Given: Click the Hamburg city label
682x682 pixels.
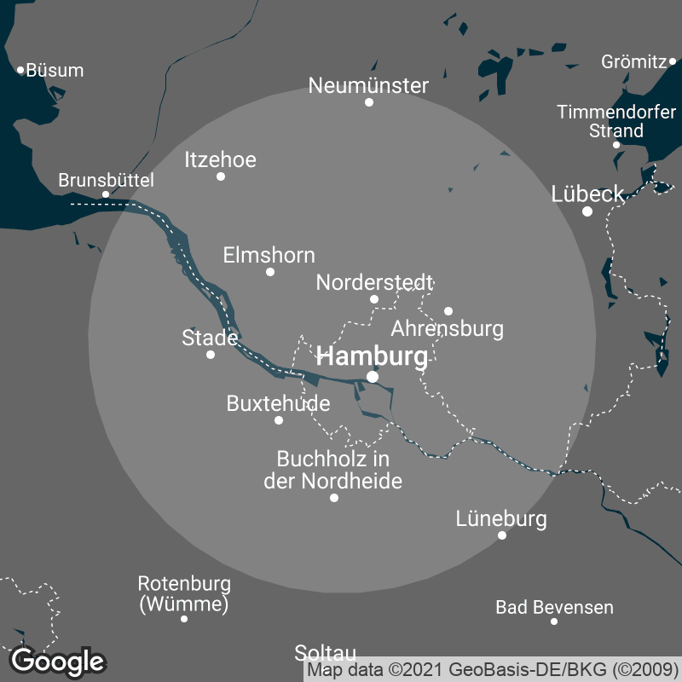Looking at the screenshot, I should [x=372, y=357].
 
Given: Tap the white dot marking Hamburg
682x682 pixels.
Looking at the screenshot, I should [x=373, y=376].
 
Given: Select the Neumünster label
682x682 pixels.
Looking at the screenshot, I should [x=368, y=86].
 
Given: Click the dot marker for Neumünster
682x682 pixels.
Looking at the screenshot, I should [x=369, y=102].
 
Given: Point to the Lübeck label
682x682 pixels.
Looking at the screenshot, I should [x=588, y=194].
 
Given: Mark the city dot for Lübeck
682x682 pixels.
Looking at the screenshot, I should [x=587, y=211].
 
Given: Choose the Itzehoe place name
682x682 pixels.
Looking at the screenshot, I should [x=220, y=159].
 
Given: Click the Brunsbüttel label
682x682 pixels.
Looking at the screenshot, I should [x=106, y=180].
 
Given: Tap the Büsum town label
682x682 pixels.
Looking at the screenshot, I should [x=55, y=71].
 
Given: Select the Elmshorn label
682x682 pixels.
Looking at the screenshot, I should [x=269, y=255].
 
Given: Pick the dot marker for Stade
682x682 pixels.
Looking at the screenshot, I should [x=211, y=355].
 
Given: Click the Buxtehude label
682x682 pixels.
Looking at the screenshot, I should [x=278, y=403].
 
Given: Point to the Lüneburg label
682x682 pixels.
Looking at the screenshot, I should [x=501, y=518].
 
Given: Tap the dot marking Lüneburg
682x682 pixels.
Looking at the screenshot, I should [x=502, y=535].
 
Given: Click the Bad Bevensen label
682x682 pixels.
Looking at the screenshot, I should [x=554, y=608].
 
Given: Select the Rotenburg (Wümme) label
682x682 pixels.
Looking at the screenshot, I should [x=184, y=594].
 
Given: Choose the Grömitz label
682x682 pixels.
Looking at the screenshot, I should [x=633, y=61].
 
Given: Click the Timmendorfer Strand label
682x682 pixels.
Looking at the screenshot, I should [x=616, y=121].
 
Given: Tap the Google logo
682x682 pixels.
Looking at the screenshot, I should [x=58, y=661].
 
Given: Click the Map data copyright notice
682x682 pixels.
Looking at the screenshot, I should [x=492, y=671].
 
